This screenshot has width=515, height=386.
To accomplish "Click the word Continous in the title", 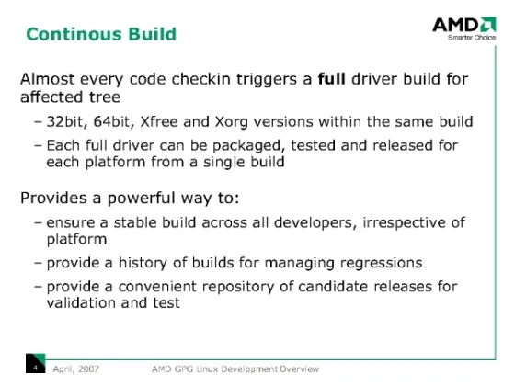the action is tap(74, 34).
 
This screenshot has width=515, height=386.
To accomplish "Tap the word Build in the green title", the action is tap(153, 34).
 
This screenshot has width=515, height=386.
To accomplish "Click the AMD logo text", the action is tap(455, 25).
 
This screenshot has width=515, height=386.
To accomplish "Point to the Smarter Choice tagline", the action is tap(472, 38).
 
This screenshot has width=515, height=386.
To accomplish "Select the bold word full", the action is tap(331, 79).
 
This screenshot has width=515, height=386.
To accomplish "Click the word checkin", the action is tap(201, 79).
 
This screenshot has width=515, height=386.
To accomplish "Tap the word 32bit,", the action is tap(67, 121).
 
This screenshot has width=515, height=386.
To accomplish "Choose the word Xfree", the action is tap(159, 121).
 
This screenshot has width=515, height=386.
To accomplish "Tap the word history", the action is tap(143, 263).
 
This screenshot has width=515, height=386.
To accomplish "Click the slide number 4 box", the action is tap(36, 363).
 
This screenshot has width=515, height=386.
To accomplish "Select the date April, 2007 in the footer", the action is tap(75, 369).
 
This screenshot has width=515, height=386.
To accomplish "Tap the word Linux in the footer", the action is tap(207, 369).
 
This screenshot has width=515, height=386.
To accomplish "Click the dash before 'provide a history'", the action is tap(38, 263).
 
